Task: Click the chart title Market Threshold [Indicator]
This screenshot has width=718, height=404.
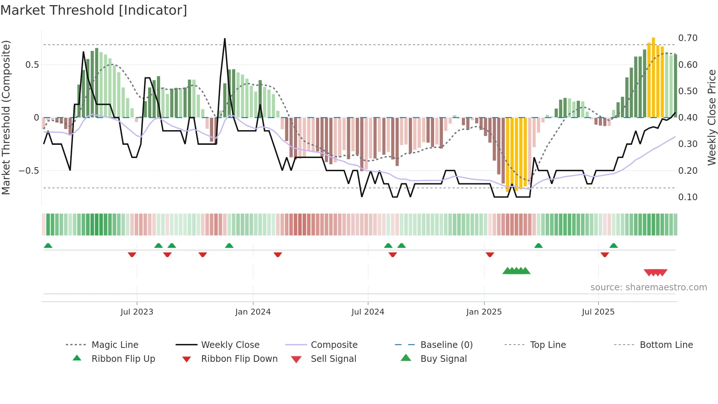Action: [x=94, y=10]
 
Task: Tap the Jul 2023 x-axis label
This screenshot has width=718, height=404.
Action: [x=137, y=312]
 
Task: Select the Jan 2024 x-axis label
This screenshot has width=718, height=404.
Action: [x=253, y=312]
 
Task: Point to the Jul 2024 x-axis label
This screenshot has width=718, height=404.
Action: [x=368, y=312]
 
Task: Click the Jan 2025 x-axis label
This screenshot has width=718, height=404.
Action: [x=484, y=312]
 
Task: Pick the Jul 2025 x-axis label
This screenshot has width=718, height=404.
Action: [x=598, y=312]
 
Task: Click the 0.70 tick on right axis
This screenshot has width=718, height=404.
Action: [x=688, y=38]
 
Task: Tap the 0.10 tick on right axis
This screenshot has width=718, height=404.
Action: [x=688, y=197]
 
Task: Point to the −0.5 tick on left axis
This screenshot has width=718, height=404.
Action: [x=29, y=171]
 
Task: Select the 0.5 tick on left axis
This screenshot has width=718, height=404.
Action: [x=32, y=65]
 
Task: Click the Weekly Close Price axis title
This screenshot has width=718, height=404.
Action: [x=711, y=117]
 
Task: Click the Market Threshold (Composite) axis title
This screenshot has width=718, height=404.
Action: [x=6, y=117]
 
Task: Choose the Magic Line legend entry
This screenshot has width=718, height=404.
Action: [x=115, y=345]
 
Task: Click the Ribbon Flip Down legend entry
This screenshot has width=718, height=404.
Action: [x=239, y=359]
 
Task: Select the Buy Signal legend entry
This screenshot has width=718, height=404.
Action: [x=443, y=359]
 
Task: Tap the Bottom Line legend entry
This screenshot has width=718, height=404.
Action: [x=666, y=345]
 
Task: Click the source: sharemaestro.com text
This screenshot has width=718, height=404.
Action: [x=648, y=287]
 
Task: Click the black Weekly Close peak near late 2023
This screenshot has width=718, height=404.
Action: [x=225, y=39]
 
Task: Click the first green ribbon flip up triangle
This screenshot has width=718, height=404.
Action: [x=48, y=246]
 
